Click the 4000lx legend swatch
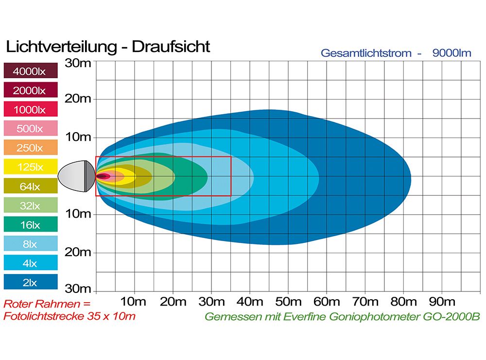[30, 71]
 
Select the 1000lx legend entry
[30, 110]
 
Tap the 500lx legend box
[30, 129]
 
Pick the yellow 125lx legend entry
[30, 167]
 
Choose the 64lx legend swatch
[30, 186]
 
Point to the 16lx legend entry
[30, 224]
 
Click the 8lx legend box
[30, 244]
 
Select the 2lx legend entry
[30, 282]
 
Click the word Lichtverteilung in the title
[61, 47]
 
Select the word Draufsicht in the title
[171, 47]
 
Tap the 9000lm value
[451, 53]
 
